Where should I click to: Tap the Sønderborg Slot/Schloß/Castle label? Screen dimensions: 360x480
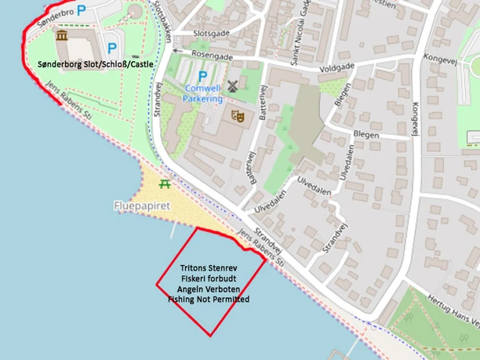pos(96,64)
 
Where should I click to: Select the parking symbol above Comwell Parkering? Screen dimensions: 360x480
pos(203,76)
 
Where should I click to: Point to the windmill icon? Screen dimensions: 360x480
pos(232,85)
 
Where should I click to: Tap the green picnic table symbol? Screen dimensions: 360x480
pos(165,184)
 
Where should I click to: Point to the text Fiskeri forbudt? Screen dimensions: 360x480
pos(208,278)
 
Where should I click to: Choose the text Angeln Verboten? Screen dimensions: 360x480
pos(208,289)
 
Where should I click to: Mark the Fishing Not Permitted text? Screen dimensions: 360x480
pos(208,299)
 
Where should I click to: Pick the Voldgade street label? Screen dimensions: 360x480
pos(336,69)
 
